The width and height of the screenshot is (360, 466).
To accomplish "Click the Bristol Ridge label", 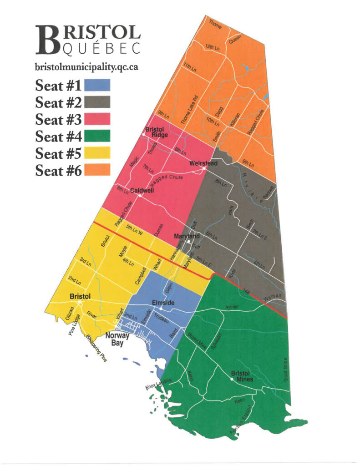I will point(155,132).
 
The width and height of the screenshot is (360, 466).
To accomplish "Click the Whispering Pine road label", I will point(96,349).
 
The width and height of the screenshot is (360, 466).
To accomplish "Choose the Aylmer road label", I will point(232,308).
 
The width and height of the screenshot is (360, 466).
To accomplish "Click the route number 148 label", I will point(246,290).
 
